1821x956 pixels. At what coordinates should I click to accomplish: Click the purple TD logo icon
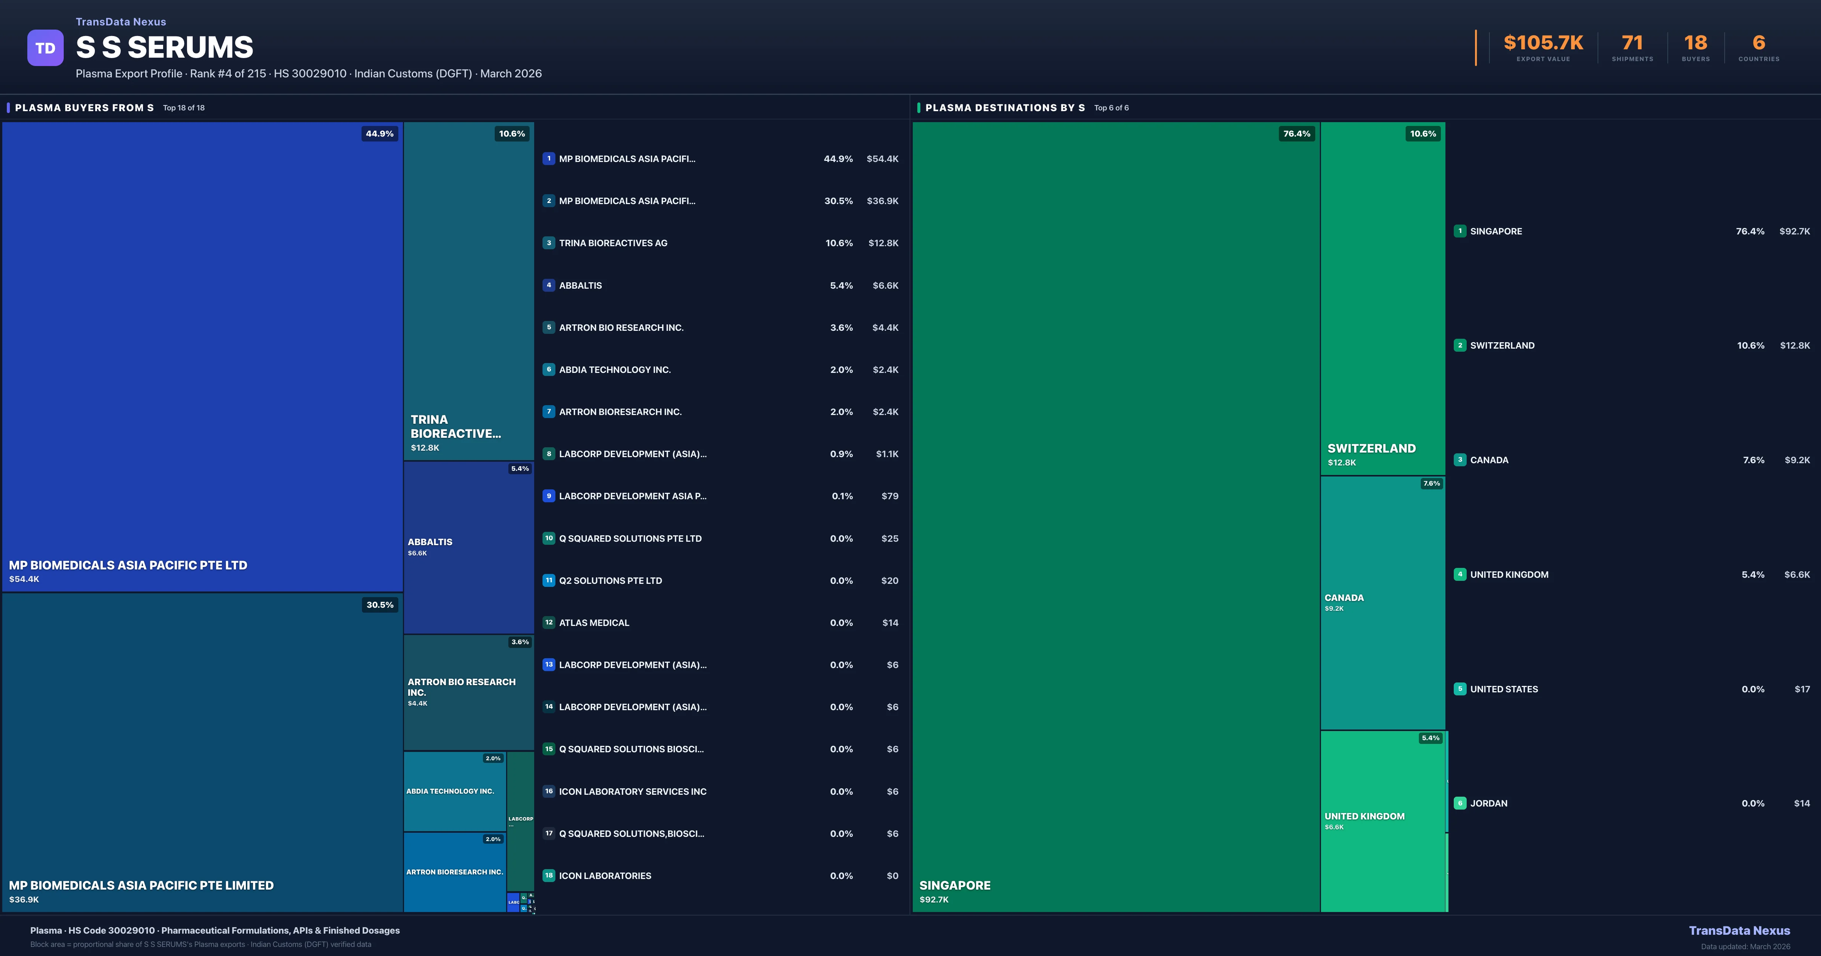coord(45,48)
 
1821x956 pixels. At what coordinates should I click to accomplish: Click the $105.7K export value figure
coord(1543,43)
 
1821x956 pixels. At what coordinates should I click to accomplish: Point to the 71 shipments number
coord(1632,43)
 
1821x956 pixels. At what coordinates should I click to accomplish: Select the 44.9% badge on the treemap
coord(380,134)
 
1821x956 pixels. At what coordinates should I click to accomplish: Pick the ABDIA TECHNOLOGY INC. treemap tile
coord(450,791)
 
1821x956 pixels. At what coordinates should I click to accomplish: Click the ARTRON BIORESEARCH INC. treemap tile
coord(454,872)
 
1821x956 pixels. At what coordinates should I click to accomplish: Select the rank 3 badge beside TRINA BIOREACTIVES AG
coord(549,243)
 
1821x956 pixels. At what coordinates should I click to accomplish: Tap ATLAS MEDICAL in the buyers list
coord(594,623)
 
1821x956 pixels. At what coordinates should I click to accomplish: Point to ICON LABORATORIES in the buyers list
coord(605,876)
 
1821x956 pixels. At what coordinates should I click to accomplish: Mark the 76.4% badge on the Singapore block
coord(1296,134)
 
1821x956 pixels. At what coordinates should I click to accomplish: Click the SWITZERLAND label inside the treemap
coord(1371,448)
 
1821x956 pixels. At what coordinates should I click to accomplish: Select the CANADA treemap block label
coord(1344,597)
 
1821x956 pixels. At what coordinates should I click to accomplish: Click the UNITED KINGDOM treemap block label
coord(1364,816)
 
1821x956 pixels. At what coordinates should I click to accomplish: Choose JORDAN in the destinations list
coord(1489,803)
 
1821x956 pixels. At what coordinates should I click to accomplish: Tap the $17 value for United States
coord(1802,689)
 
